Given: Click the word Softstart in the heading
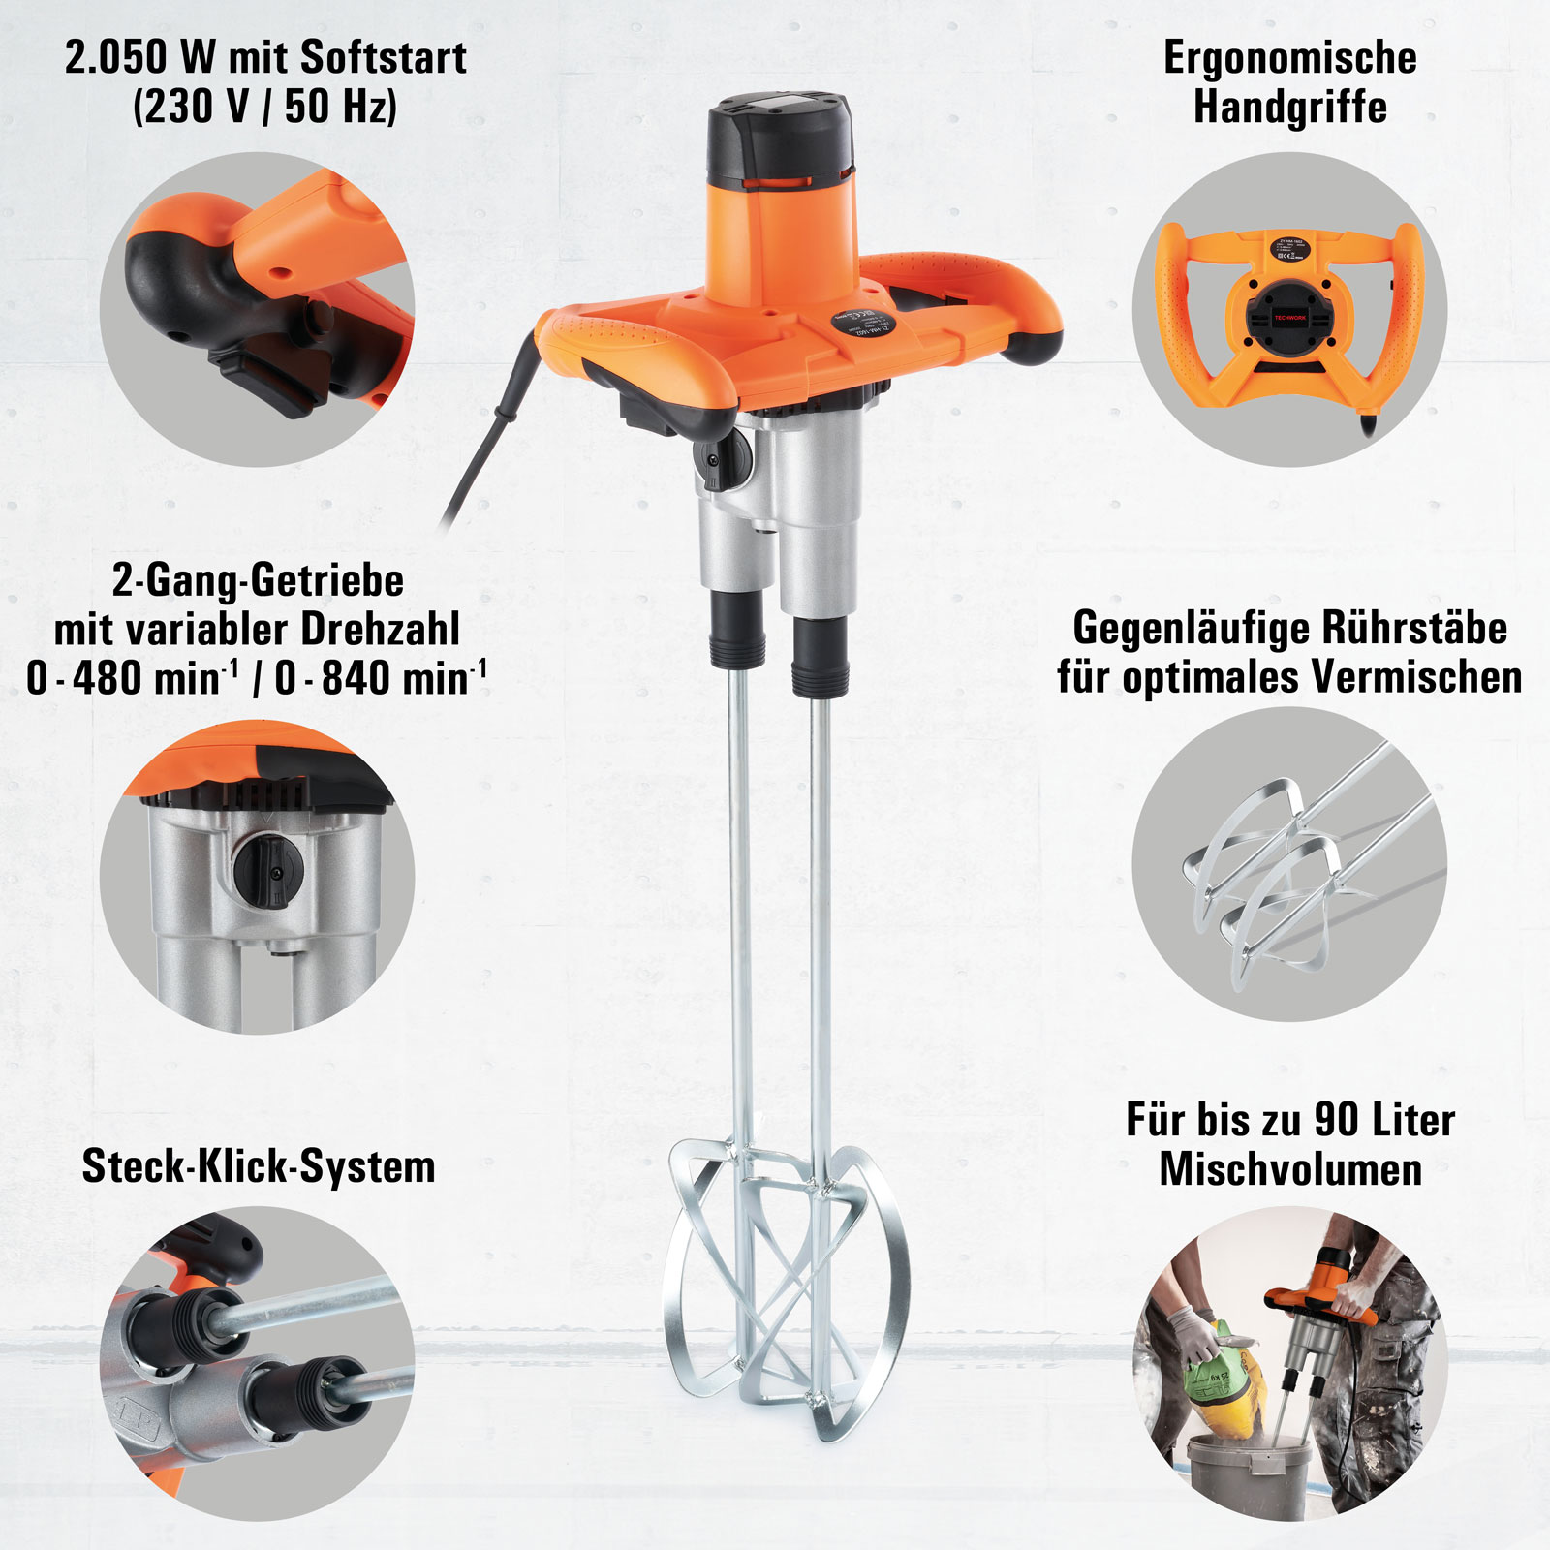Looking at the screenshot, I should [384, 58].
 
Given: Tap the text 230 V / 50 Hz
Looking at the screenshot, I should [264, 106].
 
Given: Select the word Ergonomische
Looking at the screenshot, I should [1289, 58].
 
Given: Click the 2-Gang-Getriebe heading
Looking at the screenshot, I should [258, 580].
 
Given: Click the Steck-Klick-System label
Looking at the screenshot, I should [258, 1165].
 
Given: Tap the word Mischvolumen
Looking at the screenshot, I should [1290, 1168].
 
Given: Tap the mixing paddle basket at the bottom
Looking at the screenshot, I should [785, 1288].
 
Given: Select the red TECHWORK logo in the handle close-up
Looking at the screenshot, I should [1290, 317].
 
